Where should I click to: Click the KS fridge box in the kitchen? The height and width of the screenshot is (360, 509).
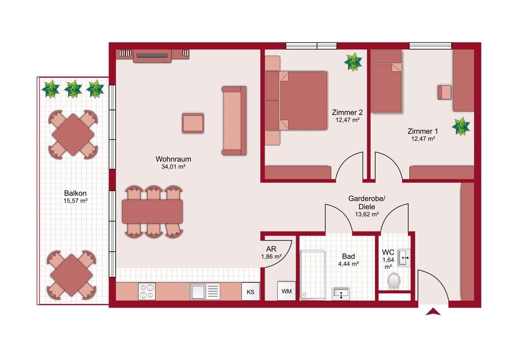click(x=250, y=292)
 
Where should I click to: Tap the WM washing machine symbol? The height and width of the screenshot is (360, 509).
click(x=287, y=291)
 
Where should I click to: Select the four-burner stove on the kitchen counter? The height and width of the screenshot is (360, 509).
click(x=147, y=291)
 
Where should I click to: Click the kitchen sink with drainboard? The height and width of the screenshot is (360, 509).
click(x=205, y=291)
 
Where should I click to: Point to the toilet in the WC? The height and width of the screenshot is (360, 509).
click(x=394, y=281)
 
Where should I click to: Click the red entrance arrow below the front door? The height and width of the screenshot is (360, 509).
click(x=433, y=312)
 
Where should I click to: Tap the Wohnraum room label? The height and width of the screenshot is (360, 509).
click(x=173, y=159)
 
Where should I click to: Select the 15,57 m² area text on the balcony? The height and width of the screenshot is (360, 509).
click(x=76, y=201)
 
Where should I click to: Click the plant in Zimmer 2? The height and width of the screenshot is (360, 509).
click(x=353, y=62)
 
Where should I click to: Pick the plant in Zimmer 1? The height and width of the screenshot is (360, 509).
click(x=461, y=127)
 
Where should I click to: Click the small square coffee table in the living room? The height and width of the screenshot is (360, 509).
click(x=193, y=123)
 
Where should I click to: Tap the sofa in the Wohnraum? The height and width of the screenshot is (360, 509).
click(x=234, y=121)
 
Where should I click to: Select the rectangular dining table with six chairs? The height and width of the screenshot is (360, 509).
click(x=152, y=211)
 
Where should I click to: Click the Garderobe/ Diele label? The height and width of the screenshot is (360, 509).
click(x=366, y=202)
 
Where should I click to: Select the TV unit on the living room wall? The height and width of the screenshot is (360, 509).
click(x=152, y=56)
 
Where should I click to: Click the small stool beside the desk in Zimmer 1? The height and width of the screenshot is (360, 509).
click(x=445, y=92)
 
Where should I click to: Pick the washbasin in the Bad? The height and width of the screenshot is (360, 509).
click(x=341, y=294)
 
